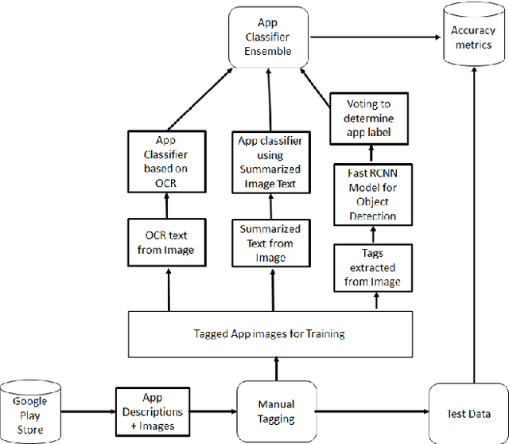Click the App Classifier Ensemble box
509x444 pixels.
(x=268, y=37)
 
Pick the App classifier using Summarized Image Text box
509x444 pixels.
(x=270, y=162)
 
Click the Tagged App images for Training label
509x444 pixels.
(x=270, y=333)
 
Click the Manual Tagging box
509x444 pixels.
(x=276, y=411)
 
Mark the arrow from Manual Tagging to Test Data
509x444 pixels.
(x=371, y=411)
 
